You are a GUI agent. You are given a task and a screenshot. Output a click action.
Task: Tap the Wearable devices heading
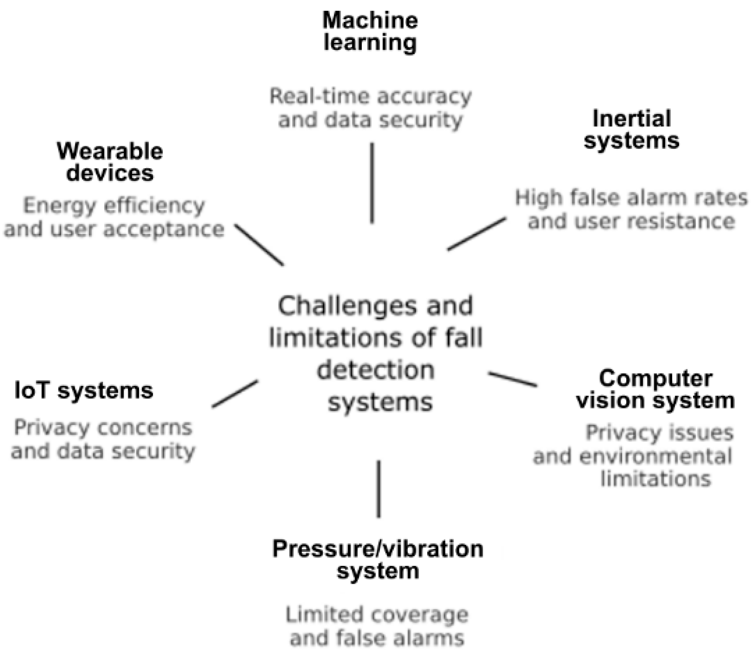110,162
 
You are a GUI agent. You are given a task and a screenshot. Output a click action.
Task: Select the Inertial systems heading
631,130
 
